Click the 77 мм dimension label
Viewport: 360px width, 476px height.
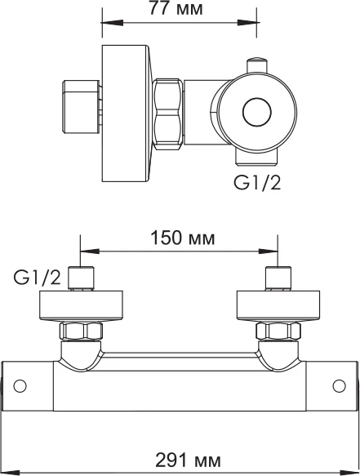(176, 8)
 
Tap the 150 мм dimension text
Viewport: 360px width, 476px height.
(183, 238)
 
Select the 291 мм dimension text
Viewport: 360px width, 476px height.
(189, 460)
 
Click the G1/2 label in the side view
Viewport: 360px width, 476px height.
(257, 183)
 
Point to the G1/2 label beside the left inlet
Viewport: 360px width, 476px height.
(37, 278)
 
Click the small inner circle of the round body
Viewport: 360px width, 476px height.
(257, 113)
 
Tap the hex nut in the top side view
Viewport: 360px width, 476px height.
(168, 113)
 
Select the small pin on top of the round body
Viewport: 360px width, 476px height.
(257, 65)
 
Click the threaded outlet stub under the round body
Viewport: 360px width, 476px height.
(257, 157)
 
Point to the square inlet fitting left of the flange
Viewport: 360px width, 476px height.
(81, 107)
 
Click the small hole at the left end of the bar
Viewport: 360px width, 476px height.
(20, 386)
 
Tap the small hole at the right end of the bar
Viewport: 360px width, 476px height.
(339, 386)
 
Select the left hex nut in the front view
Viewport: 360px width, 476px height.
(81, 331)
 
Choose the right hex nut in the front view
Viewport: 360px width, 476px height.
(278, 331)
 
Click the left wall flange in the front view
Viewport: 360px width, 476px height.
(81, 306)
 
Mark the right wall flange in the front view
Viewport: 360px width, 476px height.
(278, 306)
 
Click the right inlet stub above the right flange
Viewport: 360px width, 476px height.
(278, 278)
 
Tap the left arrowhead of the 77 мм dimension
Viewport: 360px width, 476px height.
(113, 23)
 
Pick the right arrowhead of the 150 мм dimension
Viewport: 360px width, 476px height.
(268, 251)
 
